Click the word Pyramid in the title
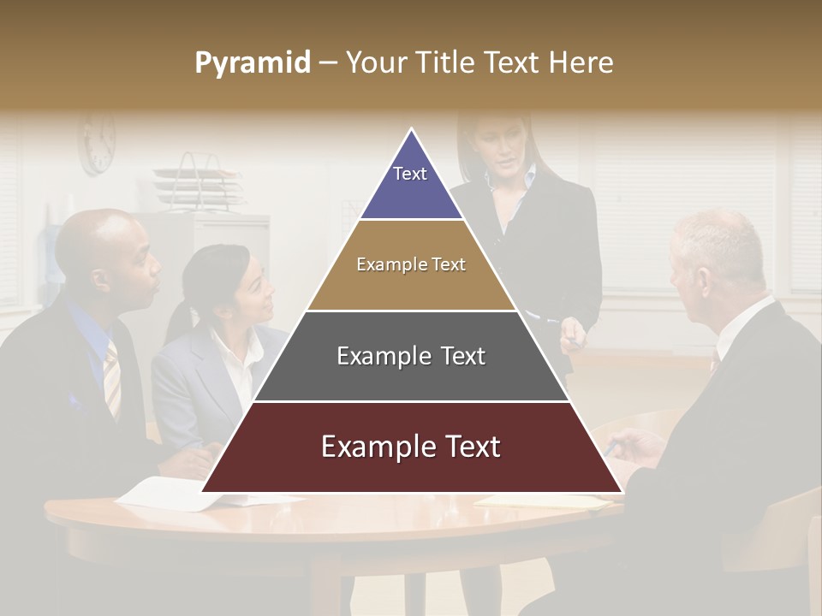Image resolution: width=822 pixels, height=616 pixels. (x=253, y=62)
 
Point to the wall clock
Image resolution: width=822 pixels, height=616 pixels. (x=97, y=142)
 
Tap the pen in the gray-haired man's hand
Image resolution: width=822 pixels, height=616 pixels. (x=609, y=448)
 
